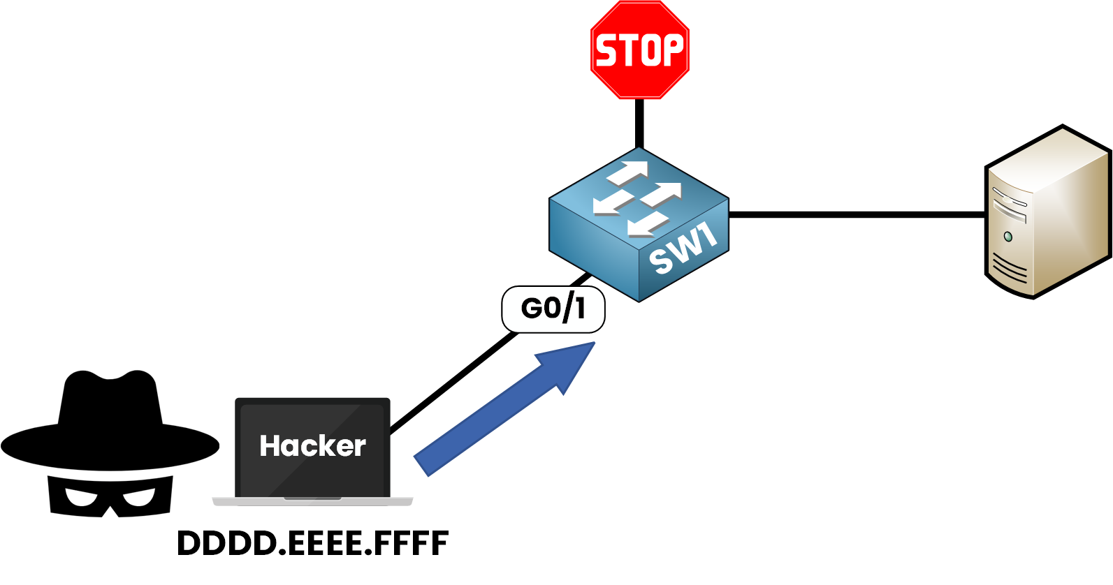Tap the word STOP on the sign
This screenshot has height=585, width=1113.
point(639,51)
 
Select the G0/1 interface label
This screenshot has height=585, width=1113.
point(553,309)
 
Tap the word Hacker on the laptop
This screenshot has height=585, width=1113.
point(312,446)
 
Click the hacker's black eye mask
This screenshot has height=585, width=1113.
point(110,496)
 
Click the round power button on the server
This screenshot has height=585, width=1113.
point(1007,237)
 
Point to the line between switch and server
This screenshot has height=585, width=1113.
point(856,214)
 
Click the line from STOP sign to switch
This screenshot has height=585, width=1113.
point(639,123)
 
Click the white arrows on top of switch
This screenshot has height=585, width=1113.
point(636,198)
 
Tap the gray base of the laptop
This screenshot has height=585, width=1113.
point(312,501)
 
